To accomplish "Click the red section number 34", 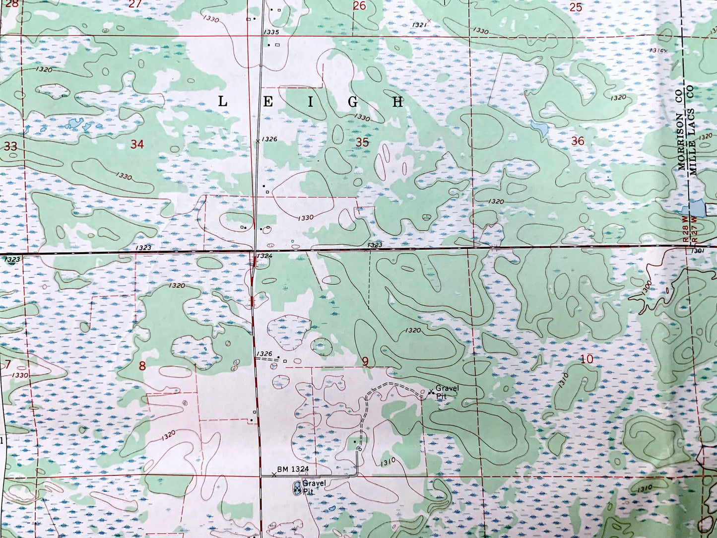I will (x=137, y=144).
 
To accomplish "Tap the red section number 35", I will (x=362, y=142).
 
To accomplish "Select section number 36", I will (x=578, y=141).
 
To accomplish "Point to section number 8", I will (x=142, y=366).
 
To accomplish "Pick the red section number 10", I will (x=587, y=359).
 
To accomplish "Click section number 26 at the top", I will (x=359, y=6).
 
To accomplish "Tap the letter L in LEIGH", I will (x=223, y=102).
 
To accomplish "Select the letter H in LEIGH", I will (x=397, y=102).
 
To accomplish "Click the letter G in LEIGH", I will (x=353, y=102).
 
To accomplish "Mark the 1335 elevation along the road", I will (x=272, y=32).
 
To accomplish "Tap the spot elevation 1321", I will (x=419, y=24).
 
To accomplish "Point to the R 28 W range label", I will (x=685, y=229).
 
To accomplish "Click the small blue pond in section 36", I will (x=539, y=128).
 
